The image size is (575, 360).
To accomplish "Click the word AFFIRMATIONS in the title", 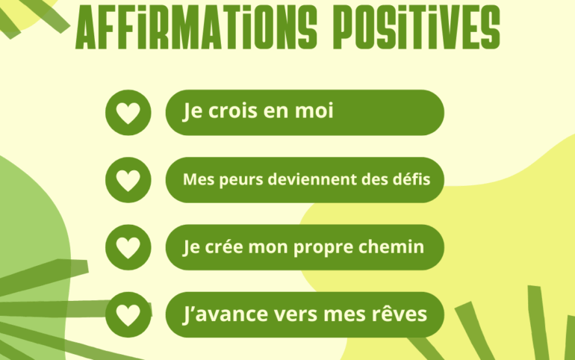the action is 196,28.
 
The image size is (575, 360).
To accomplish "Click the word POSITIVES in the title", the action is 417,28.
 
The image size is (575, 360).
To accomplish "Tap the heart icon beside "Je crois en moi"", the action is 128,113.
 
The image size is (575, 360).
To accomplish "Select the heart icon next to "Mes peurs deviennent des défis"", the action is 128,180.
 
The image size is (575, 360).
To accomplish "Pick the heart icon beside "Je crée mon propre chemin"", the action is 128,248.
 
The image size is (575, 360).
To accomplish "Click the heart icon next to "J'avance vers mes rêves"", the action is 128,315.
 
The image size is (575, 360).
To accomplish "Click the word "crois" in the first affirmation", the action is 232,111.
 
